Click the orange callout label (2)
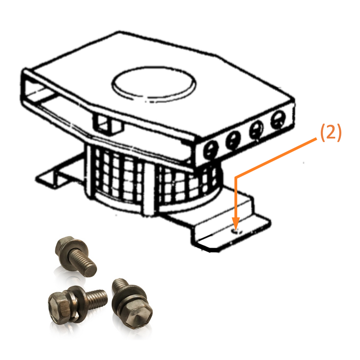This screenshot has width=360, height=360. click(x=330, y=133)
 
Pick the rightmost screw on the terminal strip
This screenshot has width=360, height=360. click(x=278, y=120)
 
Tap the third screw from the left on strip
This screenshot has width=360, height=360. click(x=256, y=129)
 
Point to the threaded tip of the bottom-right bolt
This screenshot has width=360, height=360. click(x=120, y=283)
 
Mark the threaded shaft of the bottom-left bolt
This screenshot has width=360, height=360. click(x=96, y=298)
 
